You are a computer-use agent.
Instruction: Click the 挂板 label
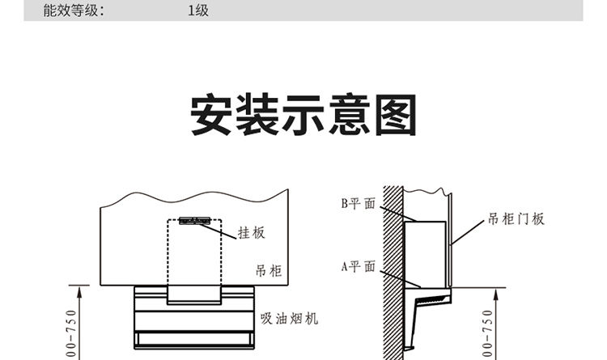tap(251, 233)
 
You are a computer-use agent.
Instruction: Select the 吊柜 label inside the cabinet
tap(268, 271)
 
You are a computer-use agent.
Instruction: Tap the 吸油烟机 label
tap(289, 318)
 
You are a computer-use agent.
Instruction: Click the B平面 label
tap(357, 204)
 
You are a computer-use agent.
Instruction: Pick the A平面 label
tap(357, 266)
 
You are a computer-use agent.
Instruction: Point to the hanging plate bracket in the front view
tap(195, 221)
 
